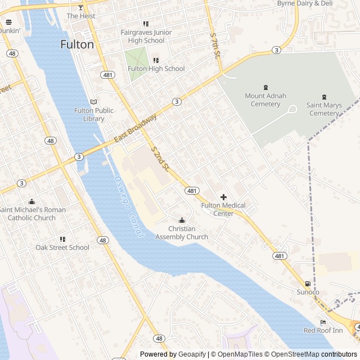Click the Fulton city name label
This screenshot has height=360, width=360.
[x=77, y=45]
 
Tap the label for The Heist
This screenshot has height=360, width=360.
[x=81, y=16]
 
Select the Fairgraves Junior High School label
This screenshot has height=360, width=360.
[x=146, y=37]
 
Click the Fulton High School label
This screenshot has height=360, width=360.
[x=156, y=69]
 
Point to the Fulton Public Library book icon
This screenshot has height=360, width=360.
[x=93, y=101]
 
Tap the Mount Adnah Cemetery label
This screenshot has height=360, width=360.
[x=265, y=100]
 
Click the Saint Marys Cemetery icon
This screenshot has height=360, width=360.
[x=324, y=97]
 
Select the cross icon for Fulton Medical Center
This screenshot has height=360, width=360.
[x=223, y=197]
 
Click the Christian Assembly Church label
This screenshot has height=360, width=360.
[x=182, y=233]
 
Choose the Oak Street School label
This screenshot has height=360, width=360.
[x=62, y=247]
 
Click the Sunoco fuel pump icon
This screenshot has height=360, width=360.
[x=308, y=284]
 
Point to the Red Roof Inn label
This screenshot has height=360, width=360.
[x=323, y=330]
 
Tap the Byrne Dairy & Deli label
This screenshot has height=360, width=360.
[x=305, y=3]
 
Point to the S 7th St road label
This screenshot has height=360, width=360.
[x=215, y=46]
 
